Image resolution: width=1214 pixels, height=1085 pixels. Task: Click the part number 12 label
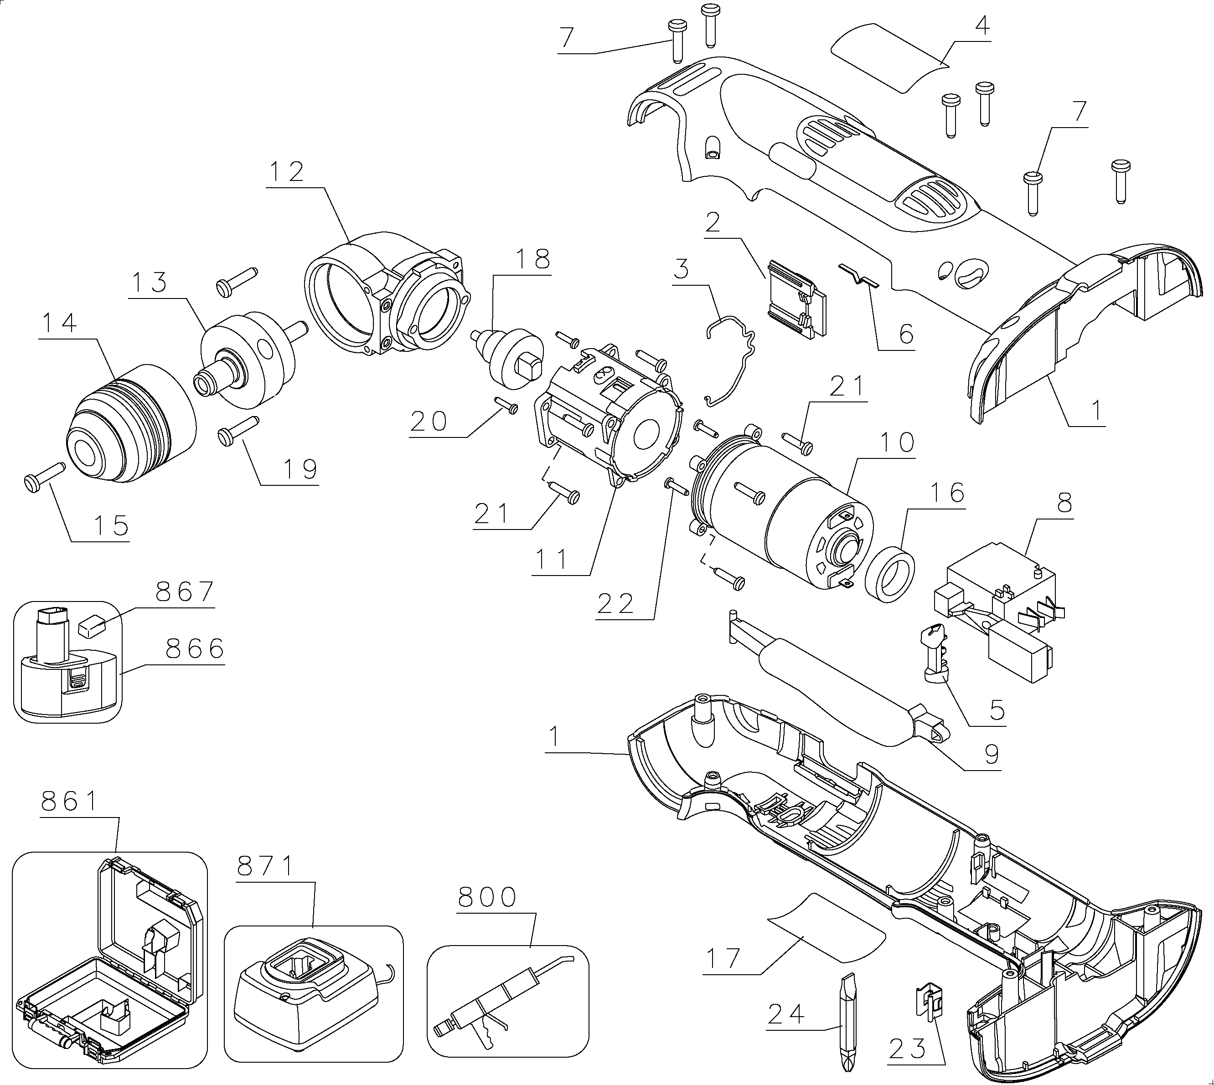coord(287,172)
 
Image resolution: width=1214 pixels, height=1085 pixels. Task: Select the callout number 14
coord(60,323)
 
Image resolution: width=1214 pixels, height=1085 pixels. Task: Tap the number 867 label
coord(185,592)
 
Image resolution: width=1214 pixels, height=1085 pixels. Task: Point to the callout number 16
coord(947,493)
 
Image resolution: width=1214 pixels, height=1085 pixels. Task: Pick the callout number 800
coord(487,897)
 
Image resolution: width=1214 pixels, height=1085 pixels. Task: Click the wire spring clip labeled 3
coord(730,361)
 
